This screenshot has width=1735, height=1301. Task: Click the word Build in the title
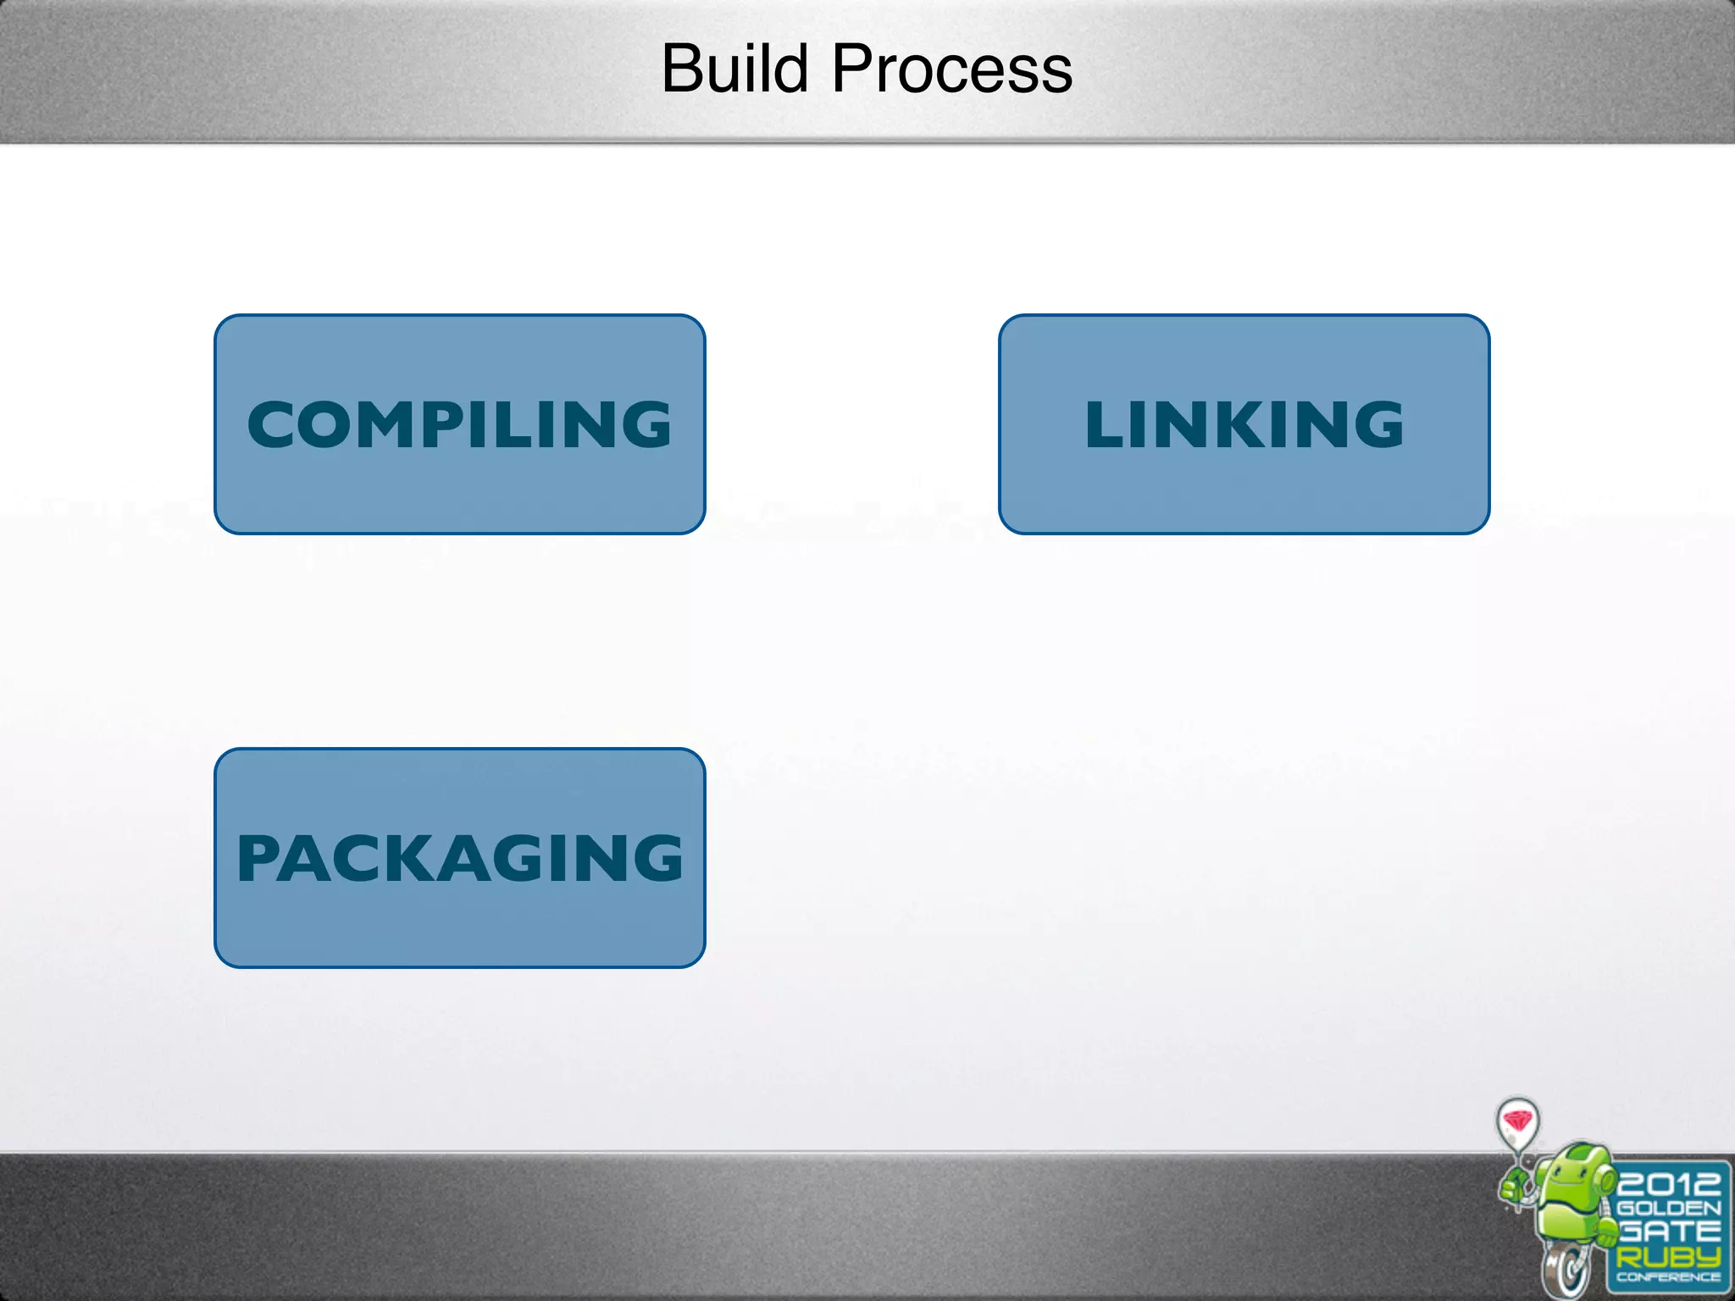[x=734, y=69]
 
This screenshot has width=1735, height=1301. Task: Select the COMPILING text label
[x=459, y=424]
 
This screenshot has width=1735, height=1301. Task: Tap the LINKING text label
[x=1244, y=424]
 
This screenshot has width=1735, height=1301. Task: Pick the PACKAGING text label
[x=459, y=858]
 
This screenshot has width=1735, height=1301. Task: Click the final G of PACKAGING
[x=653, y=858]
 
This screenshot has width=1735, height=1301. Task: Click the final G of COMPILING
[x=643, y=424]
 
